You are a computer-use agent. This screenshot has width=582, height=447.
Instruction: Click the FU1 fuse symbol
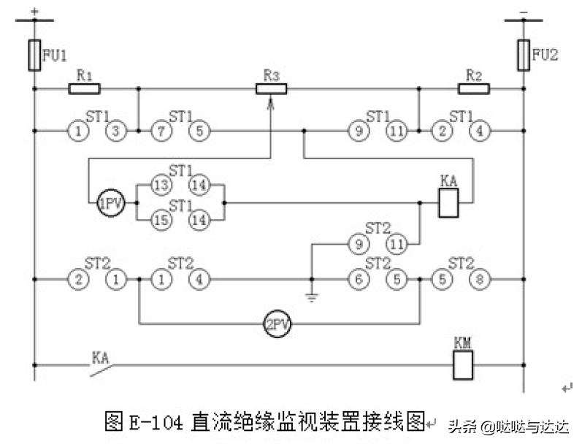coord(34,56)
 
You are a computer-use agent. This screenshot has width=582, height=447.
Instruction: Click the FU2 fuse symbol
coord(523,56)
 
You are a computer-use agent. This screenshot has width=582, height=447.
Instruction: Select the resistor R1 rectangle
coord(84,89)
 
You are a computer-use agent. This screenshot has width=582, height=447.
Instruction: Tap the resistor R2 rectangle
coord(474,89)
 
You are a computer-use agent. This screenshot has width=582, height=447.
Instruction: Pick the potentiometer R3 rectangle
coord(272,89)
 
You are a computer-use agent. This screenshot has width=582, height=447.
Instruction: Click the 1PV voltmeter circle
coord(110,202)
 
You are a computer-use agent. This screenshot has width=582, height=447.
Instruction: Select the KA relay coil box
coord(448,204)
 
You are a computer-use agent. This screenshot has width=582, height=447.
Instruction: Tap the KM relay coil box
coord(463,364)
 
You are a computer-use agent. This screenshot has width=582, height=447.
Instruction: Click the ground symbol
coord(312,297)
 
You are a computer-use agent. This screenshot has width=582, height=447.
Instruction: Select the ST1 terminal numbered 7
coord(161,131)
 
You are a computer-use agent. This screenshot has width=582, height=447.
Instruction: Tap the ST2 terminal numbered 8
coord(478,279)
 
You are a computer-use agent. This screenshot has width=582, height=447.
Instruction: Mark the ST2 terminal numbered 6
coord(358,279)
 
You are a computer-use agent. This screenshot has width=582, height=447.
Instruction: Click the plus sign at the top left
coord(34,11)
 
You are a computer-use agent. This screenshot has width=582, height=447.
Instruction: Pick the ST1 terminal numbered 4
coord(479,131)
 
